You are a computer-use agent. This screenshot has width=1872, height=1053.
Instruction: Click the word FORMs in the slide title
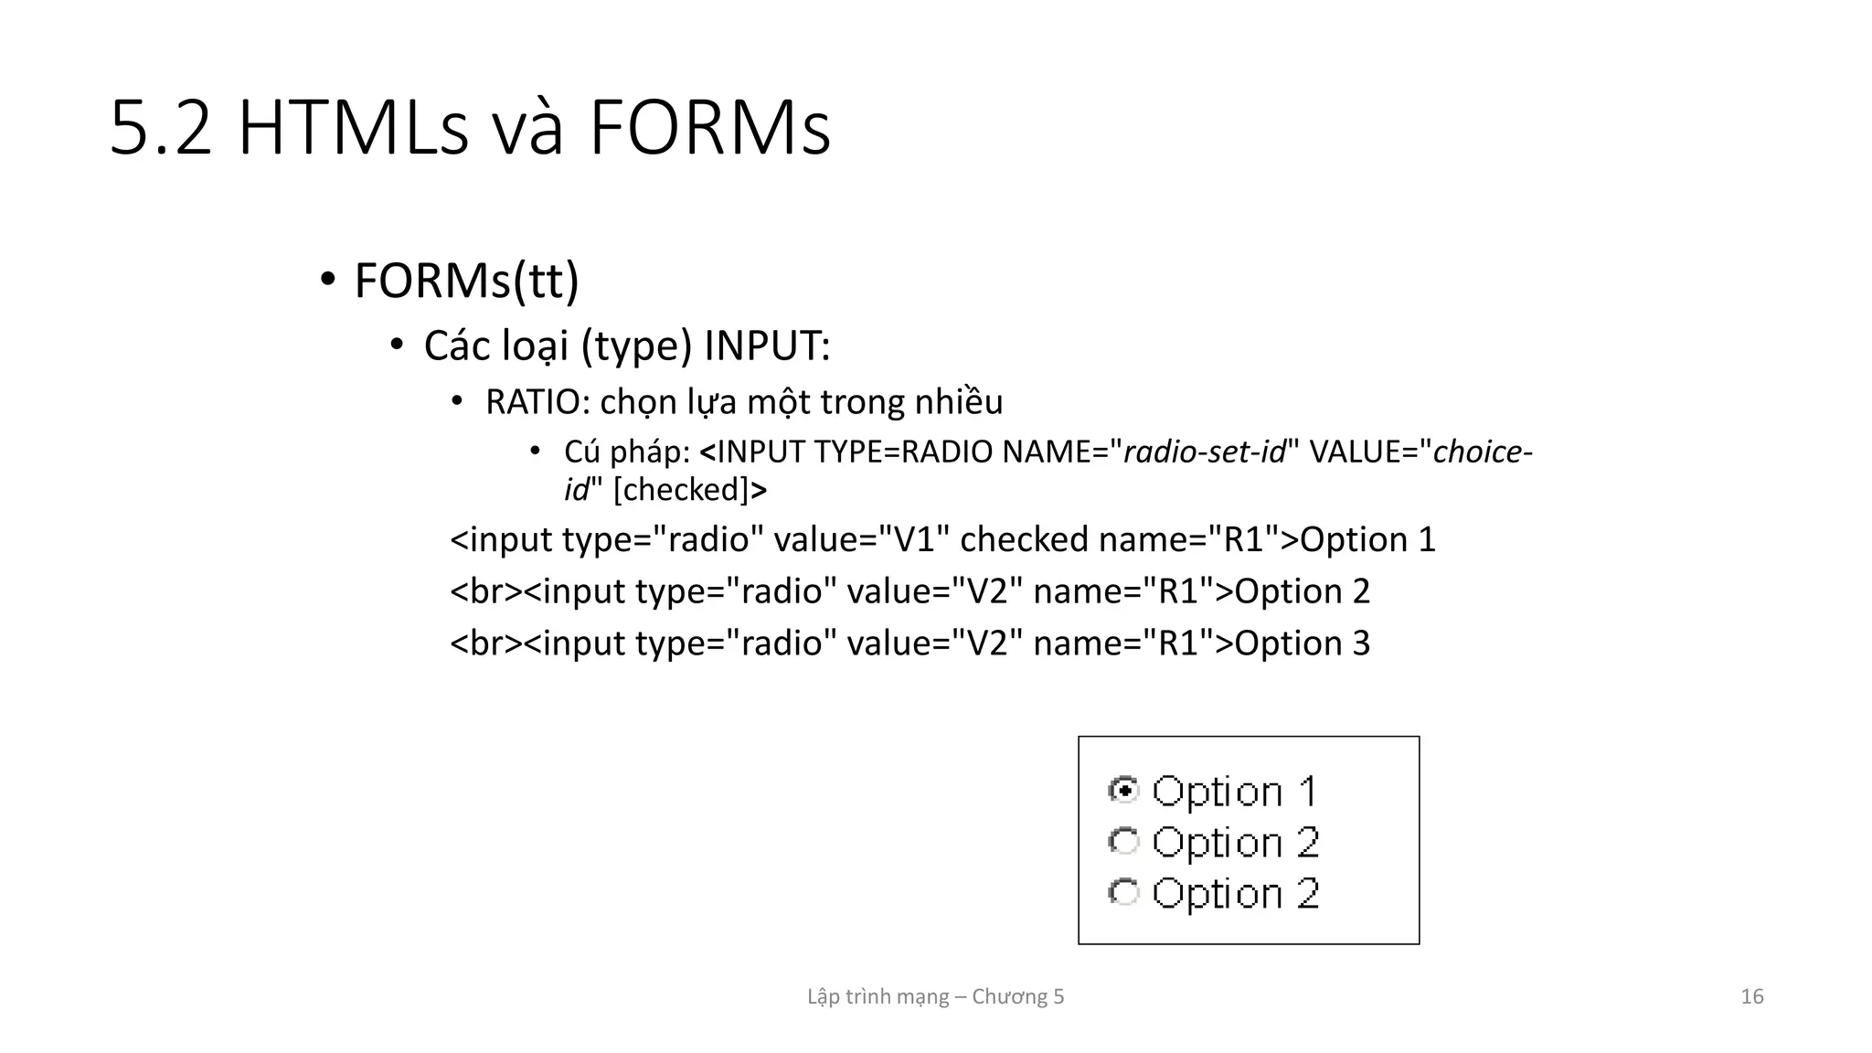click(x=709, y=129)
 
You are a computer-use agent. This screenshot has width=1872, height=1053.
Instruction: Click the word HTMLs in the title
click(x=353, y=129)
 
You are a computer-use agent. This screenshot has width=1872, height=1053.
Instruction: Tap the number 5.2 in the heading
click(x=161, y=129)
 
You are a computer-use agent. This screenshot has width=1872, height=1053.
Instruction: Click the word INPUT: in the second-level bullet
click(x=766, y=346)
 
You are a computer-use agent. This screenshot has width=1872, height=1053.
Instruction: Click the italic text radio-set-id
click(x=1204, y=452)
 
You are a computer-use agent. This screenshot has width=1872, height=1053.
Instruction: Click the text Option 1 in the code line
click(x=1367, y=539)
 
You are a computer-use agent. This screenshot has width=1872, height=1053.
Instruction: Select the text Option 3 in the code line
click(x=1303, y=643)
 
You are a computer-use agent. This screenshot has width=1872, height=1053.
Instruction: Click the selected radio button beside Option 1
click(x=1123, y=789)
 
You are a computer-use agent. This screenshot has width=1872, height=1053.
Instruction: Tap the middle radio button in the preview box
click(x=1123, y=841)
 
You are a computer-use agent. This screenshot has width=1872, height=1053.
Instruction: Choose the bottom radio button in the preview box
click(x=1123, y=892)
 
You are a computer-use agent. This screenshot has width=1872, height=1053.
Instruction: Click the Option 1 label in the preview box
click(x=1234, y=792)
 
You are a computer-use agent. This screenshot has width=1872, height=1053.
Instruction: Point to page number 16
click(x=1751, y=996)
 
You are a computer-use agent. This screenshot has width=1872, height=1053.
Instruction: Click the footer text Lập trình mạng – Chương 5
click(x=935, y=996)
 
